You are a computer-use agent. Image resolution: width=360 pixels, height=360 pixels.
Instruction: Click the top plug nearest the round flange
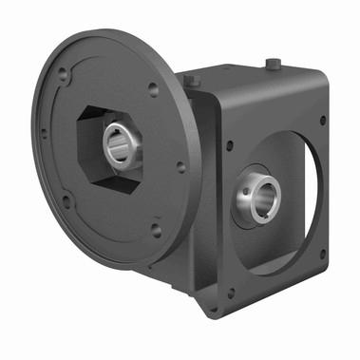[x=190, y=82]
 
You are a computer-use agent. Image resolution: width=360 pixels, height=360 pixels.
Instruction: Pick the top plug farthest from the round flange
[x=275, y=65]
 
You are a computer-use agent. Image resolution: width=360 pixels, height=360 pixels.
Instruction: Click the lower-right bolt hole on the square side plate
[x=322, y=251]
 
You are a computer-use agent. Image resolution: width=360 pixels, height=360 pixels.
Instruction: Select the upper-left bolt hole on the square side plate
[x=229, y=145]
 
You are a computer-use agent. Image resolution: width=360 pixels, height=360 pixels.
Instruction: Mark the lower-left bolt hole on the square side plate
[x=229, y=294]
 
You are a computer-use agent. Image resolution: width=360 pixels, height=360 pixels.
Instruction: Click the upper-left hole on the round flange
[x=63, y=71]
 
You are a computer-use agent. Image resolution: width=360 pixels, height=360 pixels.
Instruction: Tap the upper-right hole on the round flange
[x=153, y=90]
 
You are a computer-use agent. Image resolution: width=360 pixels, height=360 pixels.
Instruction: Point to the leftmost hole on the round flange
[x=42, y=133]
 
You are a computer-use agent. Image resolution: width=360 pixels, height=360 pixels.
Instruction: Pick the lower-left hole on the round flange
[x=66, y=200]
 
